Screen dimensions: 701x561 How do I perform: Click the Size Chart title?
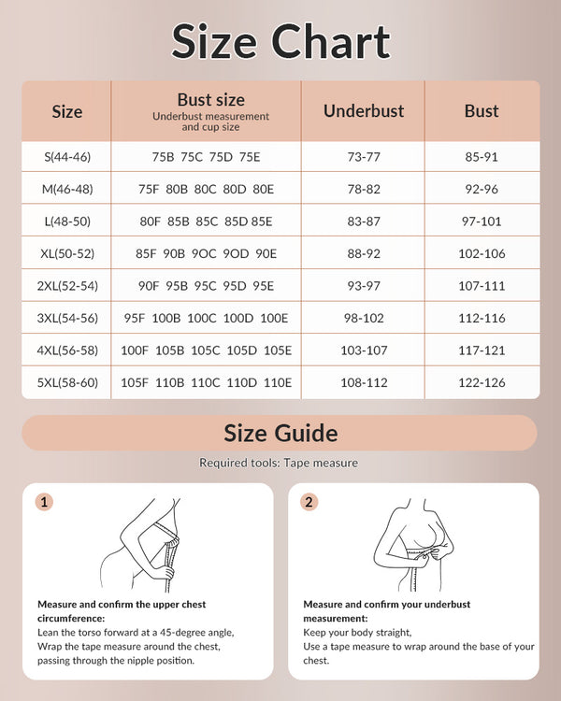tap(280, 42)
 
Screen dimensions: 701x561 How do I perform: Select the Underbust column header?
tap(364, 110)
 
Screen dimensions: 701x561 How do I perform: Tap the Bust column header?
tap(482, 110)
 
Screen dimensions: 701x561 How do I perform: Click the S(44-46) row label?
tap(66, 156)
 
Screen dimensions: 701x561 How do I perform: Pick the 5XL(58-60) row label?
tap(66, 381)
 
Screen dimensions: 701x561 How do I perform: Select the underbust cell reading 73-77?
tap(364, 156)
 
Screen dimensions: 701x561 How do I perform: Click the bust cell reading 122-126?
tap(482, 381)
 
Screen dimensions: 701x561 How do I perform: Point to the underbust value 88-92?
tap(364, 252)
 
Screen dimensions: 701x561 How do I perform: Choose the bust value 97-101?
tap(482, 221)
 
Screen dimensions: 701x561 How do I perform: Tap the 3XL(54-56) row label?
tap(66, 317)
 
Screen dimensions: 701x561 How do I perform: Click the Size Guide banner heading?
tap(280, 434)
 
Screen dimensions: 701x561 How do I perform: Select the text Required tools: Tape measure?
tap(279, 463)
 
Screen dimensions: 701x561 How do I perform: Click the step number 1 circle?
tap(44, 502)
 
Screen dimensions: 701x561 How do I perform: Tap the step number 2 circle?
tap(309, 502)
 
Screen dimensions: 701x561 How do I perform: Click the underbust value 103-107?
tap(364, 350)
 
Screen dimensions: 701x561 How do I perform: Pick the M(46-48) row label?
tap(66, 188)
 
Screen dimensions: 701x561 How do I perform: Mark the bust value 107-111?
tap(482, 285)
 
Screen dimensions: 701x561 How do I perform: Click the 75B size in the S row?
tap(164, 156)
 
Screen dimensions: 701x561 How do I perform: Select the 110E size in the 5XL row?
tap(278, 381)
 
